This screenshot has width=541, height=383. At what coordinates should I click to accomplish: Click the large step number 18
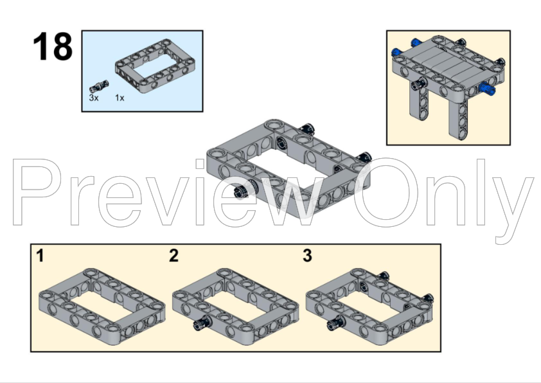click(53, 46)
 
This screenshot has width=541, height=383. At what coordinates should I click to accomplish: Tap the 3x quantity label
click(94, 98)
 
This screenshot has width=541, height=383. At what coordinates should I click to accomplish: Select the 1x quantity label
click(120, 98)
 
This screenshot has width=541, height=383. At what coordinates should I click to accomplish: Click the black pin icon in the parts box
click(99, 85)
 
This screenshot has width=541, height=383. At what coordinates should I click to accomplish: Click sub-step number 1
click(40, 256)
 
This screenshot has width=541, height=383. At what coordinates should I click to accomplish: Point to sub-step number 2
click(174, 256)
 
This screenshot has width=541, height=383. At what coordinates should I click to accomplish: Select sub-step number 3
click(307, 256)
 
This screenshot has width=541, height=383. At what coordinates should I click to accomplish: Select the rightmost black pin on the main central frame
click(365, 157)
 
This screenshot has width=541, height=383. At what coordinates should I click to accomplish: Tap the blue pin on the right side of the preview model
click(487, 89)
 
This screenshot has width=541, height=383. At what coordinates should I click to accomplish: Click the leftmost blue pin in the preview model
click(397, 53)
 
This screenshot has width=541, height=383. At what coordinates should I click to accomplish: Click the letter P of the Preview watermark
click(35, 192)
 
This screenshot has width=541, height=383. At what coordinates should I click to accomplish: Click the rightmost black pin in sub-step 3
click(428, 298)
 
